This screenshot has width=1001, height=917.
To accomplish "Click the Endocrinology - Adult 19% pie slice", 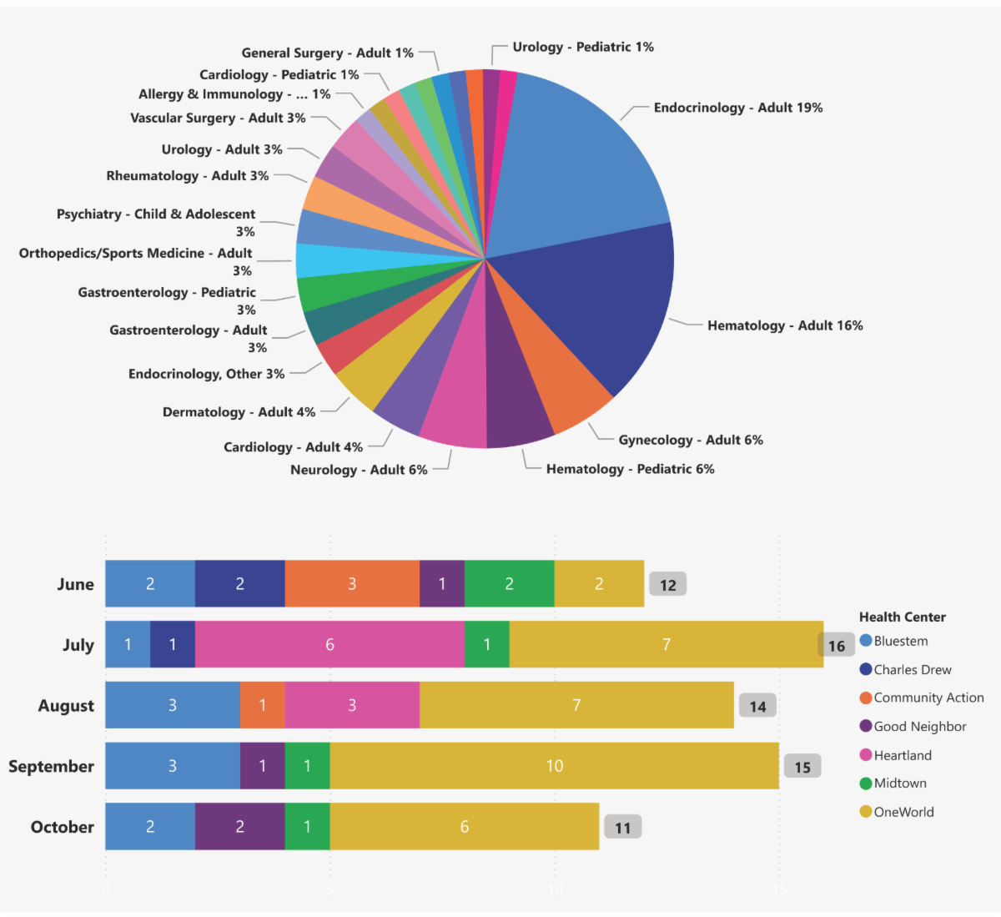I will [576, 159].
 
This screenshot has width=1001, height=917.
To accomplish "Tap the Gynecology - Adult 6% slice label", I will [691, 440].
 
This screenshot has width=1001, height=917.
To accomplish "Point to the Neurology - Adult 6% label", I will [359, 470].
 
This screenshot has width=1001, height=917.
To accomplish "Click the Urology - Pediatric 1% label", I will [583, 47].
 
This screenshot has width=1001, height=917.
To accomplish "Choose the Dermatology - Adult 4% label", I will [239, 412].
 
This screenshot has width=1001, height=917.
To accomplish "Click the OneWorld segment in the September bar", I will [555, 766].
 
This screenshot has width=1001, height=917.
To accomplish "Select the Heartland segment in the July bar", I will [329, 644].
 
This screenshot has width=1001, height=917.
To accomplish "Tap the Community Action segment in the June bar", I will [352, 584].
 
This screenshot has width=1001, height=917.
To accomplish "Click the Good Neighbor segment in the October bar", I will [240, 827].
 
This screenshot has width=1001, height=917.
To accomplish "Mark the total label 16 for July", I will [837, 645].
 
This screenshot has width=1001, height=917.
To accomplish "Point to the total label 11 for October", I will [623, 828].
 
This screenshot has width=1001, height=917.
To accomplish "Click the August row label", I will [66, 706].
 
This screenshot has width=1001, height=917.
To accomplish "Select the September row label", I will [51, 767].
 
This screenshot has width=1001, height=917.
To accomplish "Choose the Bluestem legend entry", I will [900, 641].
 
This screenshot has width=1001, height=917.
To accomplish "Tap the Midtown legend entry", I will [899, 783].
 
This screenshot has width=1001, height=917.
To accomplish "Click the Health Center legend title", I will [903, 617].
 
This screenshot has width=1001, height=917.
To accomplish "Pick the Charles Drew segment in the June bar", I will [240, 584].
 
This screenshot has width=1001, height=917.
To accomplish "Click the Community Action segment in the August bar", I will [263, 705].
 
